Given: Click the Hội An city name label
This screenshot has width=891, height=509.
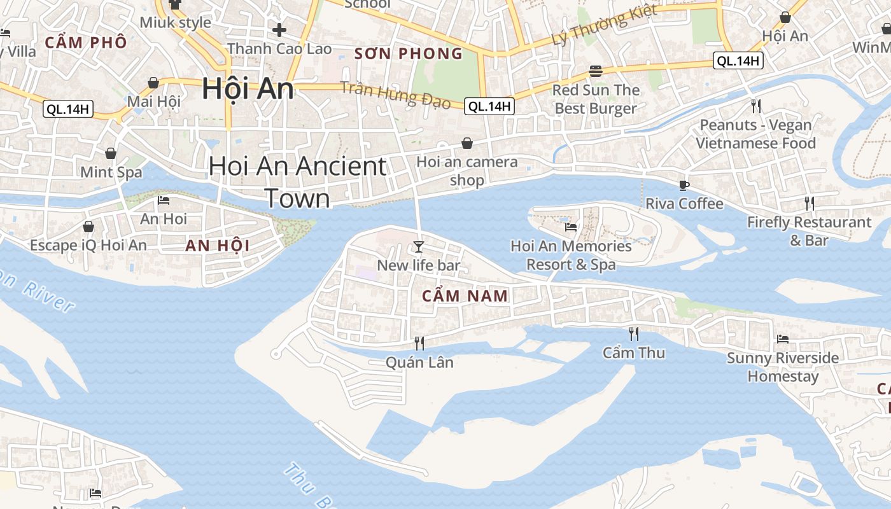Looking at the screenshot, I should coord(248,88).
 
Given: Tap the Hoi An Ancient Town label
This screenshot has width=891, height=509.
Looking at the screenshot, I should coord(297,182).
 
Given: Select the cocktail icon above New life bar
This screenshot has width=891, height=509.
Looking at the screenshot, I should coord(418,247).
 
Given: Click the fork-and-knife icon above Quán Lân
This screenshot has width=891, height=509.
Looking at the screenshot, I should coord(419,344).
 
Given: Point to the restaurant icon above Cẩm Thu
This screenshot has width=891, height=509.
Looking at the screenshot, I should coord(634,334).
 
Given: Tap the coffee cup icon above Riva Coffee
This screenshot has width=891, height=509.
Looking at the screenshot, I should coord(684,185).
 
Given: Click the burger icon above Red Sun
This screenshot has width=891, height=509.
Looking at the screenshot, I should coord(596,71).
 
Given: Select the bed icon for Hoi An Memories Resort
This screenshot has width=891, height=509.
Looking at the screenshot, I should coord(571,227).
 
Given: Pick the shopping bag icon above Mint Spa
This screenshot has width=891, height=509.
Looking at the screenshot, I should coord(111,153).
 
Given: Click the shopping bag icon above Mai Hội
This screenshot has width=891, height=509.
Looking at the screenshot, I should coord(153,83).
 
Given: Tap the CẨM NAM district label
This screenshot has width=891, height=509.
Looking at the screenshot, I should coord(465,296).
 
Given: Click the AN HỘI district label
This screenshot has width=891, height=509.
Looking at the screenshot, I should coord(217,246).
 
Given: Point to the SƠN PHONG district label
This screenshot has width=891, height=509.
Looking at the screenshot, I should coord(409,54).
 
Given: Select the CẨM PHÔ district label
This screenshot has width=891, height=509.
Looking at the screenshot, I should coord(86,43).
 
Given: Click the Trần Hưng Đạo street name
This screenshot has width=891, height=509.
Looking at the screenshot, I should coord(395,95).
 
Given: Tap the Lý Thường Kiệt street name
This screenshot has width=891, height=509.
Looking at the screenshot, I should coord(604,25).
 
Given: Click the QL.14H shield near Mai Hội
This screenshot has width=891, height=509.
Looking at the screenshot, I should coord(68,109).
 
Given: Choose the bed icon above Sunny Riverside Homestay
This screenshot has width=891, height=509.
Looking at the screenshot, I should coord(783,339).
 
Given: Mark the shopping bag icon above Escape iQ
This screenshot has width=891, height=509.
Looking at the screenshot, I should coord(88,227).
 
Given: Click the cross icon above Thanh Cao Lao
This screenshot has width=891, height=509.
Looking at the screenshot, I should coord(279,29).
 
